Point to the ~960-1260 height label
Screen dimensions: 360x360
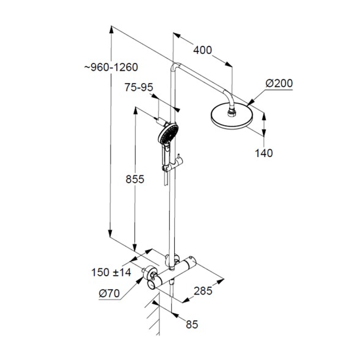(111, 67)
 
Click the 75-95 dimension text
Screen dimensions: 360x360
(138, 88)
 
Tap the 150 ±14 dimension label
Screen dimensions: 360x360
(111, 272)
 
